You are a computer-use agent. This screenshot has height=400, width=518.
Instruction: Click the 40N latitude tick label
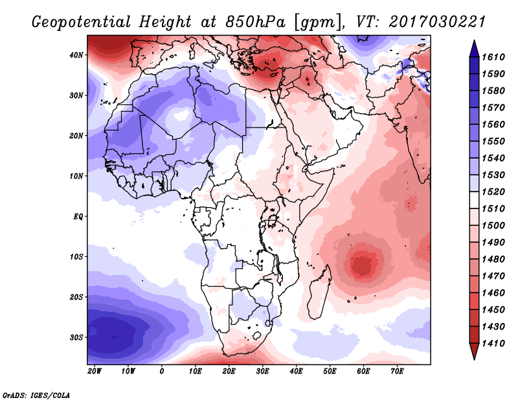pos(76,55)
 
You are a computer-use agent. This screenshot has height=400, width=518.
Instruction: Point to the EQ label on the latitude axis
pos(78,217)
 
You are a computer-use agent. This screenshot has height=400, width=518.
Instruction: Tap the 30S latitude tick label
pos(76,338)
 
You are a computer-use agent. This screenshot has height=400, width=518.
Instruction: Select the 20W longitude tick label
pos(95,372)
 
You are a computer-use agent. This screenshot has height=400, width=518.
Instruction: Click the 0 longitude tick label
pos(161,372)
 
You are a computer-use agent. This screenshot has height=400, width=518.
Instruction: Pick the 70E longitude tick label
pos(397,372)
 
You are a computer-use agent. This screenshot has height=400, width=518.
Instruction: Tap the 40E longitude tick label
pos(296,372)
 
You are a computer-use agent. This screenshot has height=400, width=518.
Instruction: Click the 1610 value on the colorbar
pos(493,57)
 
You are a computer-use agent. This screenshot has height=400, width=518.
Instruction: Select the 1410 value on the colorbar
pos(493,344)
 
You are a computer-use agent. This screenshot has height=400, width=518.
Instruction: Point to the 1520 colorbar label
pos(493,192)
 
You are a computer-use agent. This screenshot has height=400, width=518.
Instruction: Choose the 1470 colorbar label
pos(493,276)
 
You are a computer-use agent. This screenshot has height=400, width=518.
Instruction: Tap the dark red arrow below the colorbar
pos(474,351)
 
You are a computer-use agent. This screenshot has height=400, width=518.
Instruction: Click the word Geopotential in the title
pos(82,23)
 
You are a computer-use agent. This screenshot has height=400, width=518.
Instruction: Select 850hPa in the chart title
pos(255,22)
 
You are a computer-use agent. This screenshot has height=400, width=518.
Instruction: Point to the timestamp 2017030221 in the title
pos(437,22)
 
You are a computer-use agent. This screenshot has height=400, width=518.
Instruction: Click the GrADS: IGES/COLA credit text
pos(36,395)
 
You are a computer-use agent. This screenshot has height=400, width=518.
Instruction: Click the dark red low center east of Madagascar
pos(363,264)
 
